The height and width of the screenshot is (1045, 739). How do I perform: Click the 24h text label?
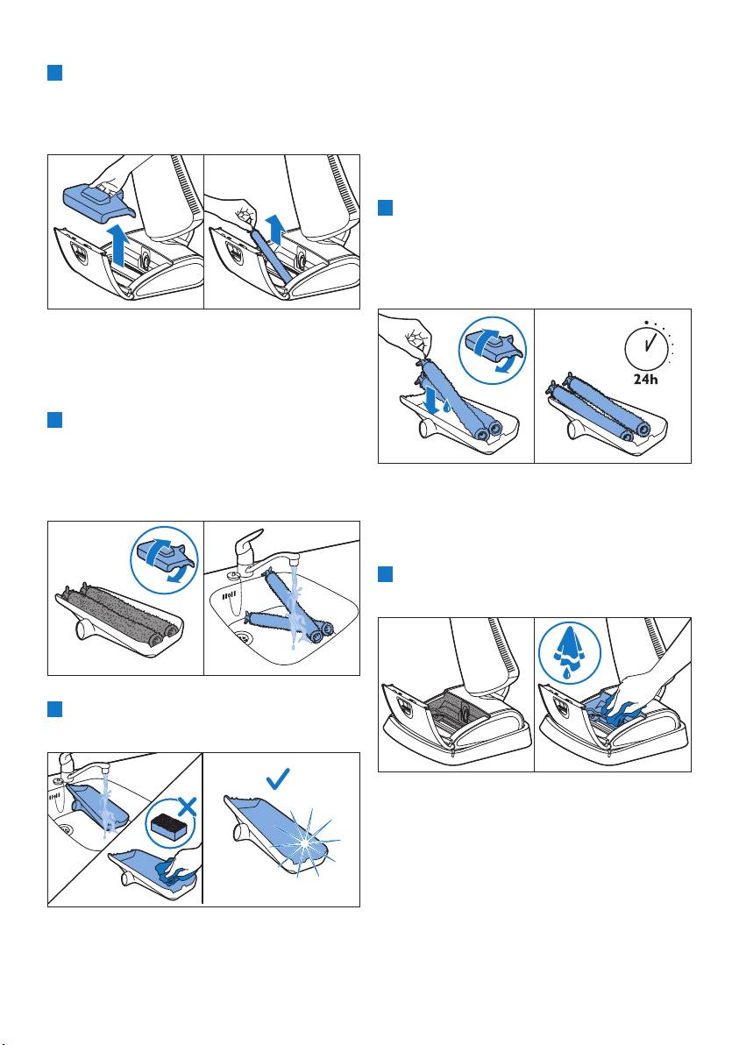coord(645,379)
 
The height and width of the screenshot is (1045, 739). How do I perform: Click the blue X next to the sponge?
coord(188,808)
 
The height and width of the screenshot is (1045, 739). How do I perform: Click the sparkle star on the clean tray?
coord(307,843)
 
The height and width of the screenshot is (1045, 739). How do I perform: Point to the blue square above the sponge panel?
coord(54,709)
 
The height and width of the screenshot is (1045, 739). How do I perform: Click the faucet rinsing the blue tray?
coord(81,766)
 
